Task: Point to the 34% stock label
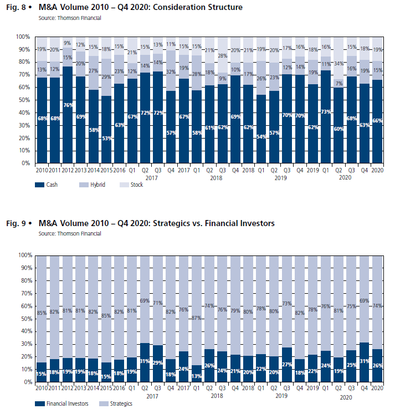point(338,63)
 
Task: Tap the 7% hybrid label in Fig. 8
point(338,83)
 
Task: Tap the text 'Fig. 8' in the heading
point(16,8)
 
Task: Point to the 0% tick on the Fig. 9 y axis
point(25,382)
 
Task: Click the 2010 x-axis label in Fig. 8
point(42,170)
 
